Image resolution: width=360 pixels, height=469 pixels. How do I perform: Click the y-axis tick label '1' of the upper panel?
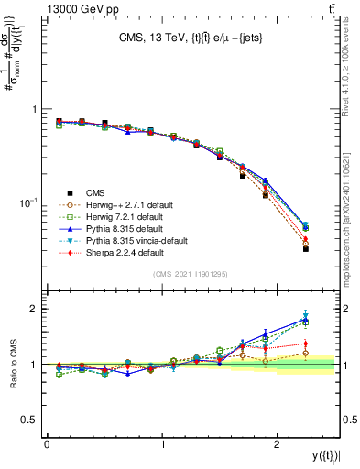click(35, 109)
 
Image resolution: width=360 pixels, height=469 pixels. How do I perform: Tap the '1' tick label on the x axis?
click(162, 443)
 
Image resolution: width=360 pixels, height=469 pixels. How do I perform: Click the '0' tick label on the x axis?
click(47, 443)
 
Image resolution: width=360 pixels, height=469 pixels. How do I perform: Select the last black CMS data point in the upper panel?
click(306, 248)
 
